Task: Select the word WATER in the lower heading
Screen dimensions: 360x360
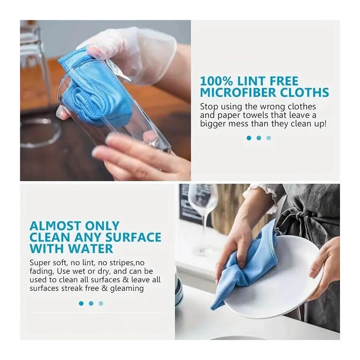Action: (x=90, y=248)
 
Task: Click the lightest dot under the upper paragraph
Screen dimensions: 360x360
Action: (x=268, y=138)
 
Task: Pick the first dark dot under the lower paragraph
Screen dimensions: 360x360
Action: (x=81, y=304)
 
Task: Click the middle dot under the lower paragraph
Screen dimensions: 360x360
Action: (x=91, y=304)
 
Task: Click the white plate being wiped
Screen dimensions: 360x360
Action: (x=280, y=296)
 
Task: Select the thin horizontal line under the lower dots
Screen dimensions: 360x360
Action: (x=96, y=312)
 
